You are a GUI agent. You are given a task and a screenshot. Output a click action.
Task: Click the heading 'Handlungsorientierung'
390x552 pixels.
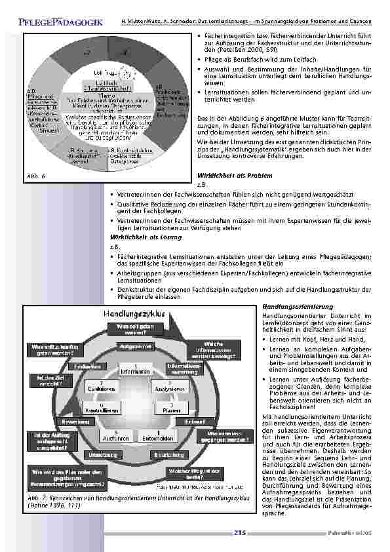point(288,306)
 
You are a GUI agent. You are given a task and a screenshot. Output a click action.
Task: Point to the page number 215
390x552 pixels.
point(239,534)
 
